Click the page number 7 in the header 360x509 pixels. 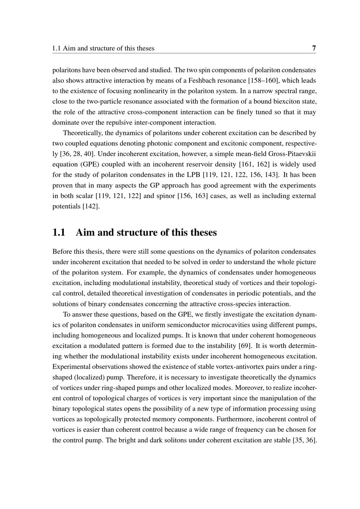[x=314, y=48]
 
